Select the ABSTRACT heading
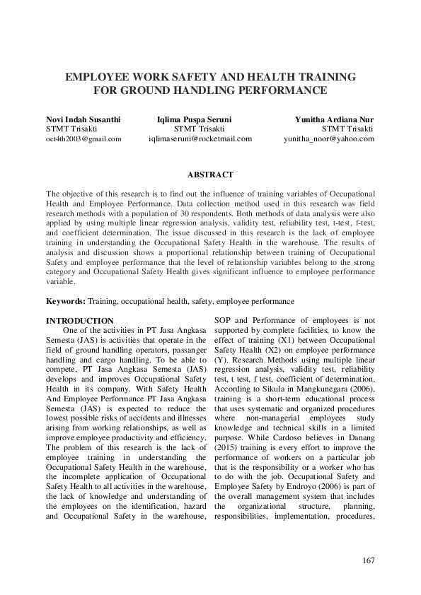point(210,174)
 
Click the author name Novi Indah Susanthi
point(83,119)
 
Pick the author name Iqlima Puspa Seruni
point(194,119)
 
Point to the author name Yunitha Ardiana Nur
point(335,119)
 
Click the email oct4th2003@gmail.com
point(83,139)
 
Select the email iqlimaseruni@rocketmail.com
point(200,139)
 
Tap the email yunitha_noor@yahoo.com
point(329,139)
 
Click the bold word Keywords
point(66,301)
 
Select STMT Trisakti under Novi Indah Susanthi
point(71,129)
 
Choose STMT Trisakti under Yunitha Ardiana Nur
point(347,129)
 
